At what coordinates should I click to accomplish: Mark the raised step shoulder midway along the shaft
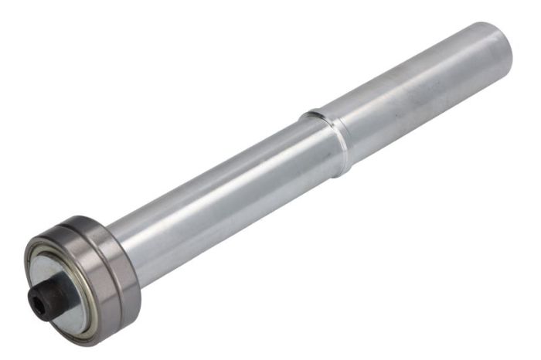328,139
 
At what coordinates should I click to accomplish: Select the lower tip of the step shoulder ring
344,170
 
